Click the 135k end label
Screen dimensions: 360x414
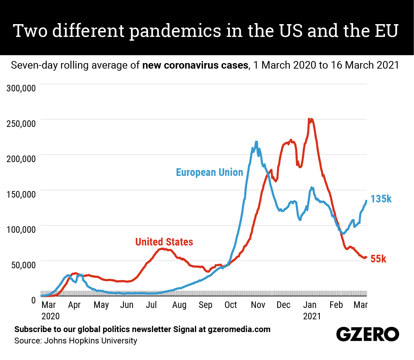point(381,199)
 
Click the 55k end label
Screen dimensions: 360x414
point(378,259)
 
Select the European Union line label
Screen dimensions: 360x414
point(209,172)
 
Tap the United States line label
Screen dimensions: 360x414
point(164,242)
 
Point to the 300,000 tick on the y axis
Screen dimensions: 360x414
point(21,88)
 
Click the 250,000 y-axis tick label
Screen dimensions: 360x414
point(21,123)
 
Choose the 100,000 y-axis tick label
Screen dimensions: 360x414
point(21,229)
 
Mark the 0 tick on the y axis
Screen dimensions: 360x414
point(33,300)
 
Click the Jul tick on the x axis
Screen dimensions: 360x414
point(151,305)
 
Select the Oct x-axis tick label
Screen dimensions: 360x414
point(230,305)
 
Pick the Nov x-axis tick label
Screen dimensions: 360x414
point(258,305)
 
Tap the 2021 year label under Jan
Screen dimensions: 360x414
point(312,316)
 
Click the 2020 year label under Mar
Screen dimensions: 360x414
point(50,316)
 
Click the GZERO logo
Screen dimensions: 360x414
point(367,334)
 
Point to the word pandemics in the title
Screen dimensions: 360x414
point(175,31)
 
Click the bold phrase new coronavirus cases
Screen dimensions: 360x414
point(195,65)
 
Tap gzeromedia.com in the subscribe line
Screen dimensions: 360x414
point(239,329)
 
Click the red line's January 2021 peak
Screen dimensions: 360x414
point(309,119)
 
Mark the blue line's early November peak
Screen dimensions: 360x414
point(256,142)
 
